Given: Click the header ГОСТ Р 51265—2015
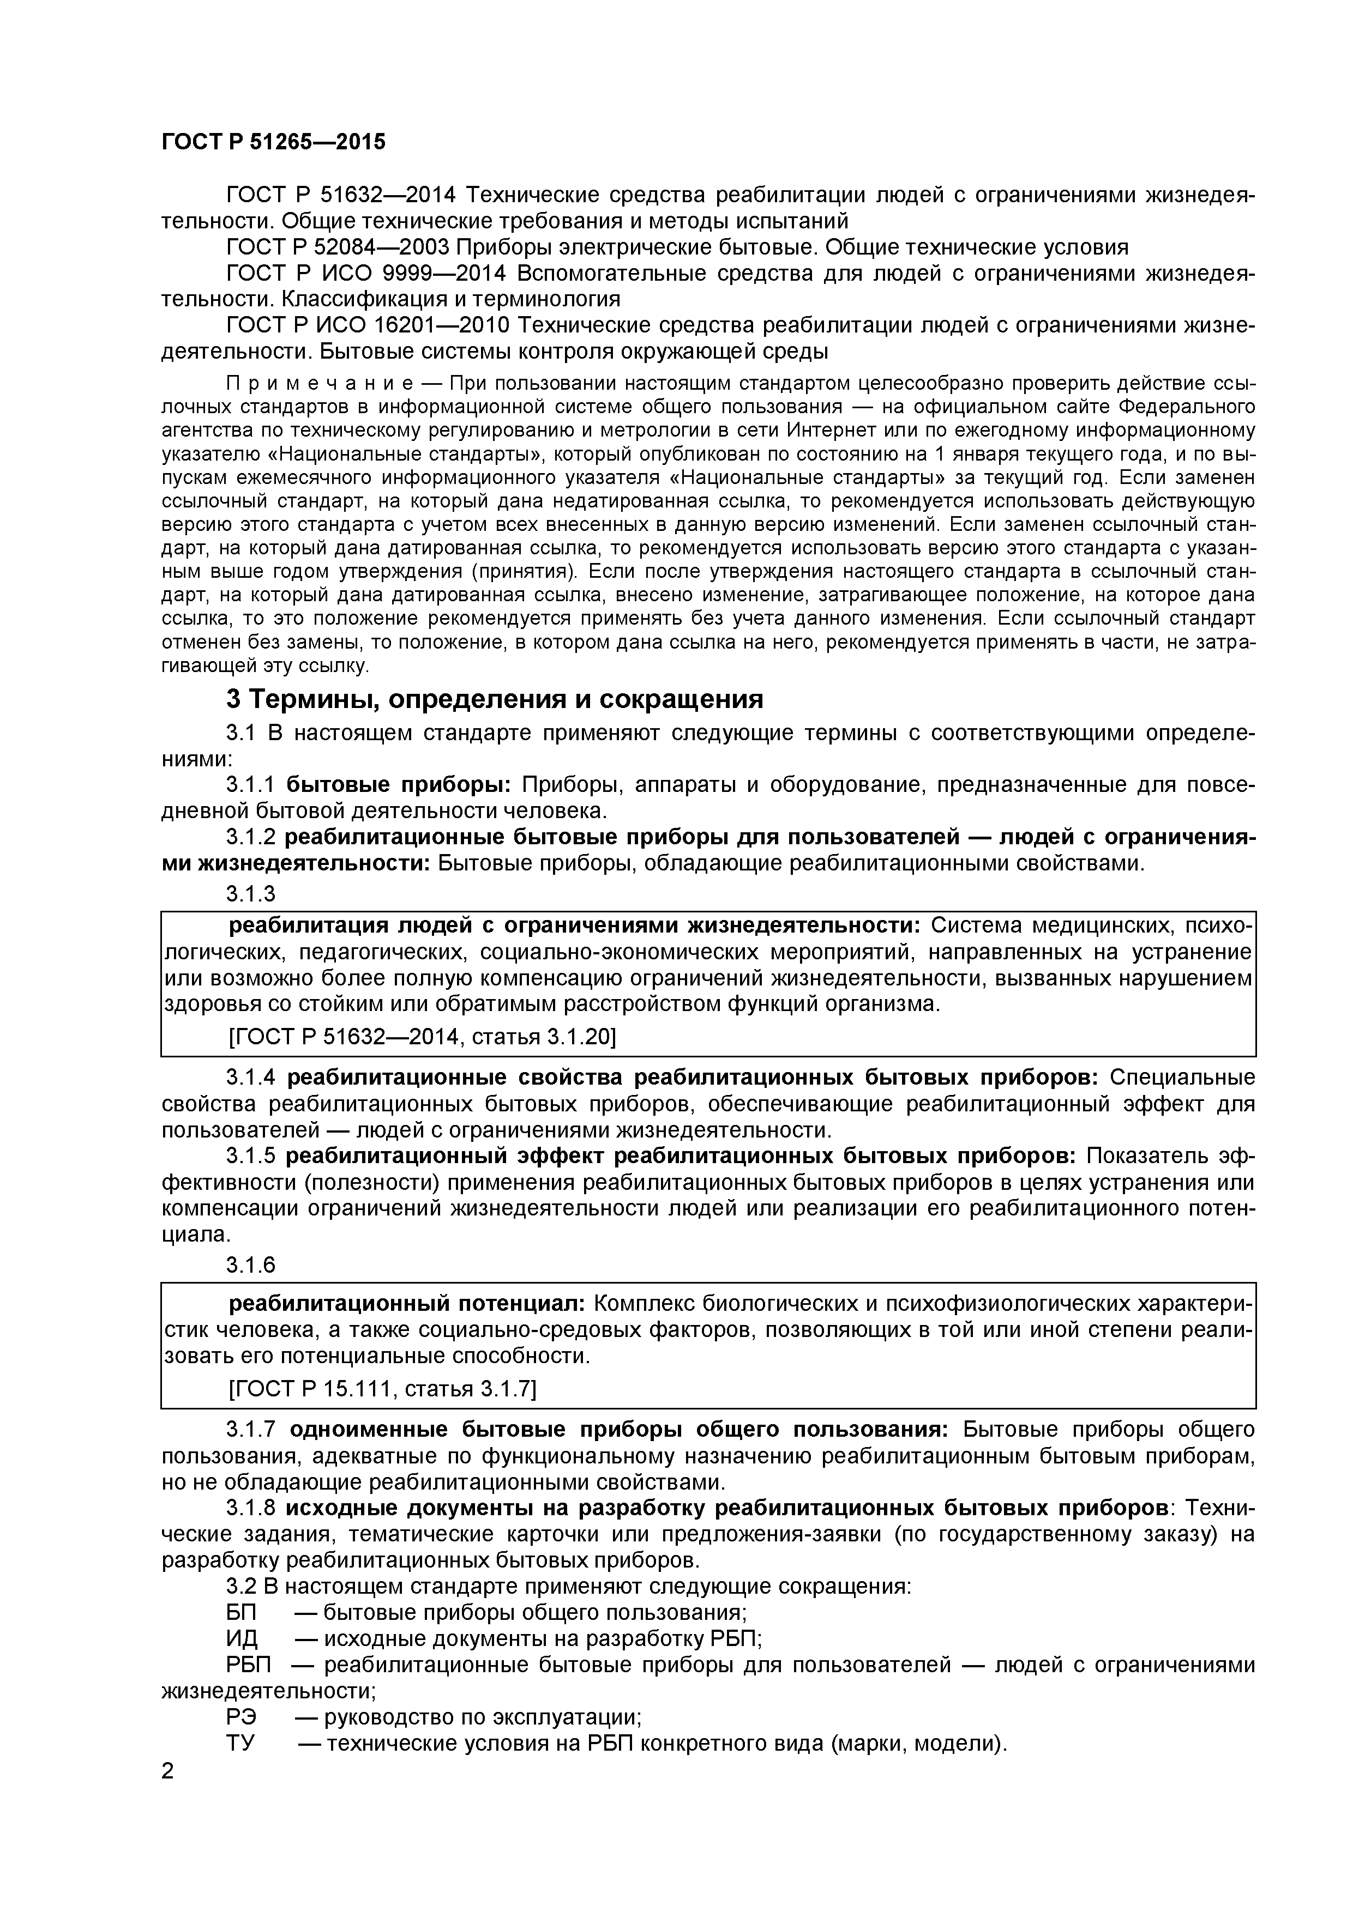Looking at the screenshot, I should [x=273, y=142].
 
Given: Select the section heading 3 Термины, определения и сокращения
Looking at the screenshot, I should [x=494, y=698].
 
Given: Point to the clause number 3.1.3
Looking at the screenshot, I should [x=250, y=893].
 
